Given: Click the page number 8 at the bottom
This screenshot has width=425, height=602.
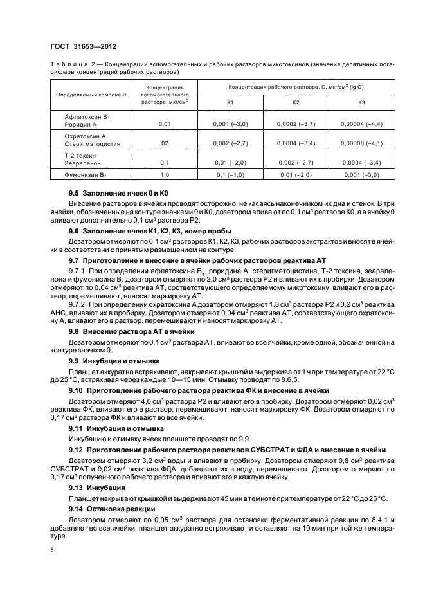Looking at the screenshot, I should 52,550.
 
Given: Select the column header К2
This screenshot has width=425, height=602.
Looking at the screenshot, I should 296,103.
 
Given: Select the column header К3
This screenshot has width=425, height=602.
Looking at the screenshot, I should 361,103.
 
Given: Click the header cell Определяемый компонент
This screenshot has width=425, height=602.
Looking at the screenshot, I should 91,94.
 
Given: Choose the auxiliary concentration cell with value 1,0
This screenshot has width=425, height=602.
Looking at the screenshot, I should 165,174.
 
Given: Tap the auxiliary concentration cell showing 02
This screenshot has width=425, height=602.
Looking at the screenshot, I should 165,142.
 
